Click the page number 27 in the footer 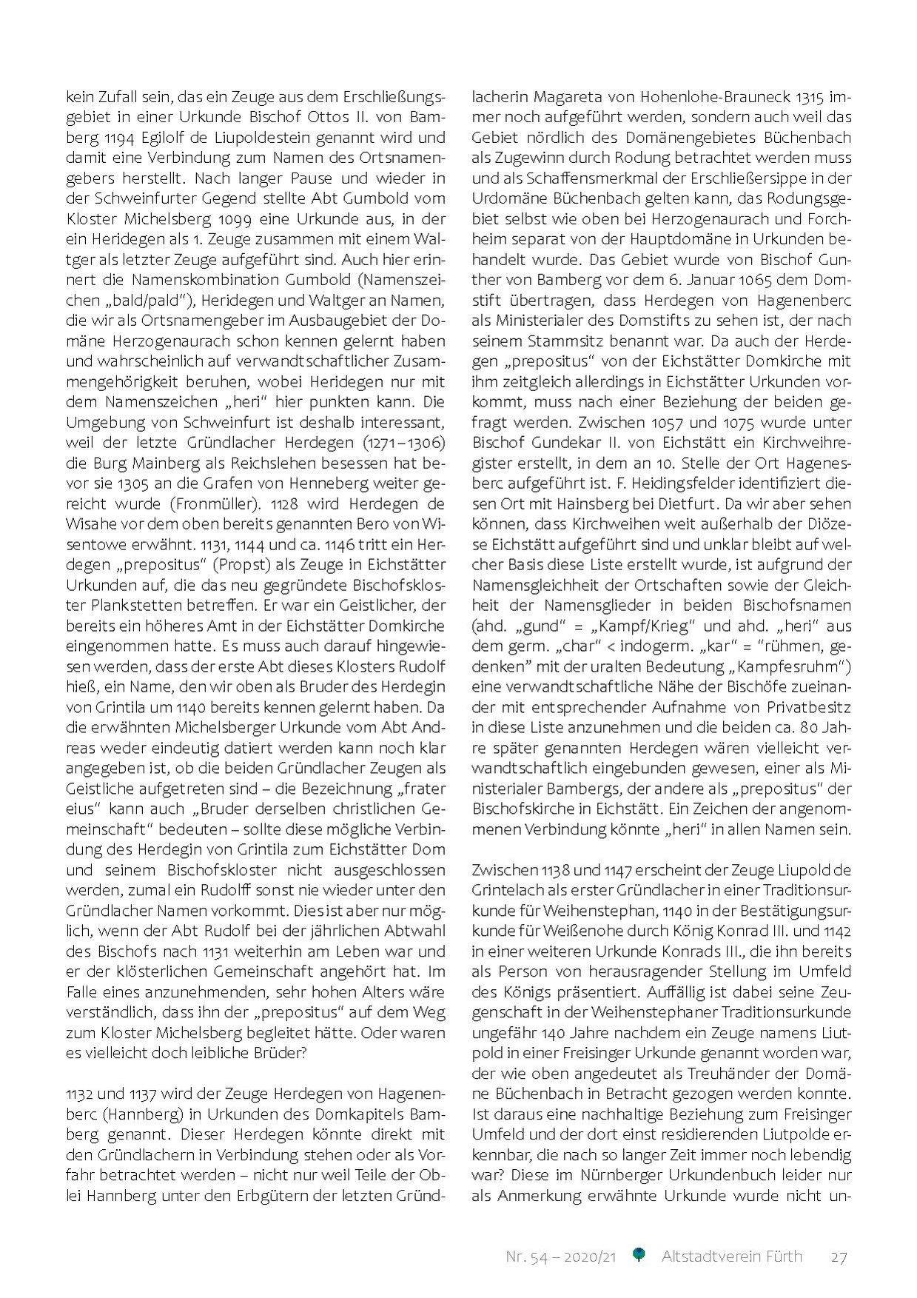[x=839, y=1257]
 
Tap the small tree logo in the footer [x=639, y=1255]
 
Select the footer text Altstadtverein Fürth [x=731, y=1257]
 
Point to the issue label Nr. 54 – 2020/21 [x=561, y=1257]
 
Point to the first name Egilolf [x=181, y=138]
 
